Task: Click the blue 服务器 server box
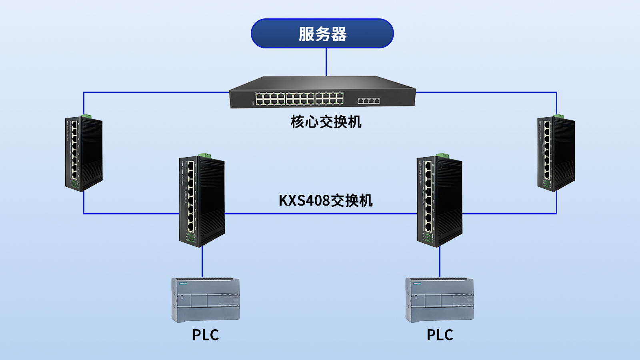pyautogui.click(x=322, y=34)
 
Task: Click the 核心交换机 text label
pyautogui.click(x=326, y=122)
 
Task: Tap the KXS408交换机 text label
pyautogui.click(x=325, y=200)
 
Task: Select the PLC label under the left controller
pyautogui.click(x=205, y=335)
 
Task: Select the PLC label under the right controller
pyautogui.click(x=440, y=335)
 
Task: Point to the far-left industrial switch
pyautogui.click(x=84, y=154)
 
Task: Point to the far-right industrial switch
pyautogui.click(x=556, y=154)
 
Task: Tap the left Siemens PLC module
pyautogui.click(x=206, y=300)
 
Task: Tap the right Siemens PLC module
pyautogui.click(x=439, y=300)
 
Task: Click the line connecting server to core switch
pyautogui.click(x=326, y=62)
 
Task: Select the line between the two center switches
pyautogui.click(x=320, y=214)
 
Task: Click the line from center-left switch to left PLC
pyautogui.click(x=202, y=262)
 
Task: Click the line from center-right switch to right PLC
pyautogui.click(x=440, y=262)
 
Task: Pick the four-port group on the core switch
pyautogui.click(x=368, y=101)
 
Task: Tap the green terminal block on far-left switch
pyautogui.click(x=86, y=116)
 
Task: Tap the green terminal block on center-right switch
pyautogui.click(x=442, y=155)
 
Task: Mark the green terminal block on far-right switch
pyautogui.click(x=558, y=116)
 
